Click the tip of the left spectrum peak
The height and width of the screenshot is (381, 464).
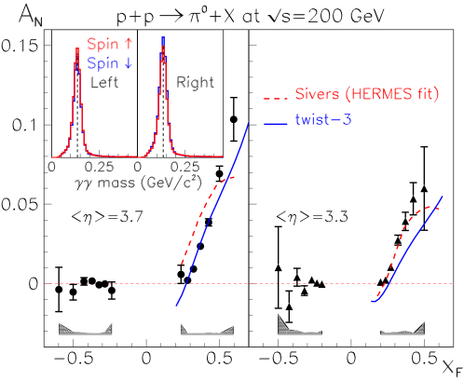coord(77,49)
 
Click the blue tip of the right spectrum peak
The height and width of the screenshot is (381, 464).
coord(164,38)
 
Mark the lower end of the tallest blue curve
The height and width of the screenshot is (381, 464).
coord(176,306)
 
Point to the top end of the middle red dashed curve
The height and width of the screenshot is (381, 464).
coord(236,176)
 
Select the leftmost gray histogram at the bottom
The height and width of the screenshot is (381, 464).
coord(85,329)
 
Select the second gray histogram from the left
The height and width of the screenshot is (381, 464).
coord(206,329)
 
